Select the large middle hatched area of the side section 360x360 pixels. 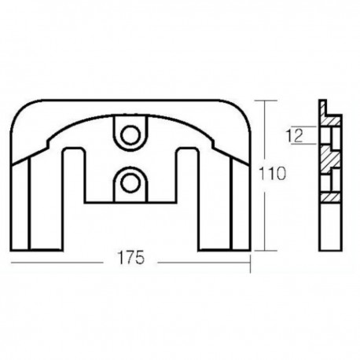click(330, 161)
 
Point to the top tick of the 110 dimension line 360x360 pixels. click(268, 101)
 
